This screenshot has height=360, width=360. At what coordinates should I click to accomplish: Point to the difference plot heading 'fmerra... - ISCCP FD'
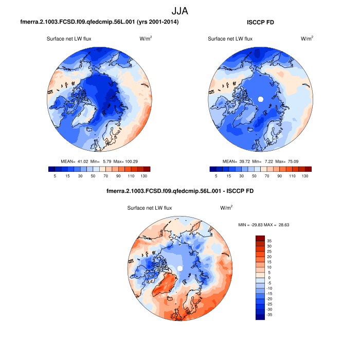179,191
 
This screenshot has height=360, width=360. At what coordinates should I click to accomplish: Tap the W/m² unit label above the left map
146,39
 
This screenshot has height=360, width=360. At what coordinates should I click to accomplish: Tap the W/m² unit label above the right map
307,39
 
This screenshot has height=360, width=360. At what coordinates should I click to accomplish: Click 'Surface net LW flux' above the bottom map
150,208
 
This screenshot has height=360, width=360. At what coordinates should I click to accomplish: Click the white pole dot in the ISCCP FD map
260,99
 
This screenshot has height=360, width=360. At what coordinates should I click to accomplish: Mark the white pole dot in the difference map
179,268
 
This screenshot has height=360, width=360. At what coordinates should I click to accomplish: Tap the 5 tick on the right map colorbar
216,176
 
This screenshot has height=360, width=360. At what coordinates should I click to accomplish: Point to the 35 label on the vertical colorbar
269,240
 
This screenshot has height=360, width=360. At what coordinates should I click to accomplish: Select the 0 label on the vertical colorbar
269,278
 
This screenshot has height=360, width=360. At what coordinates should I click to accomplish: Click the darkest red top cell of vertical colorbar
260,239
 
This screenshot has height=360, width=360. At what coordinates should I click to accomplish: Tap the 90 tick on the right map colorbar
280,176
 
